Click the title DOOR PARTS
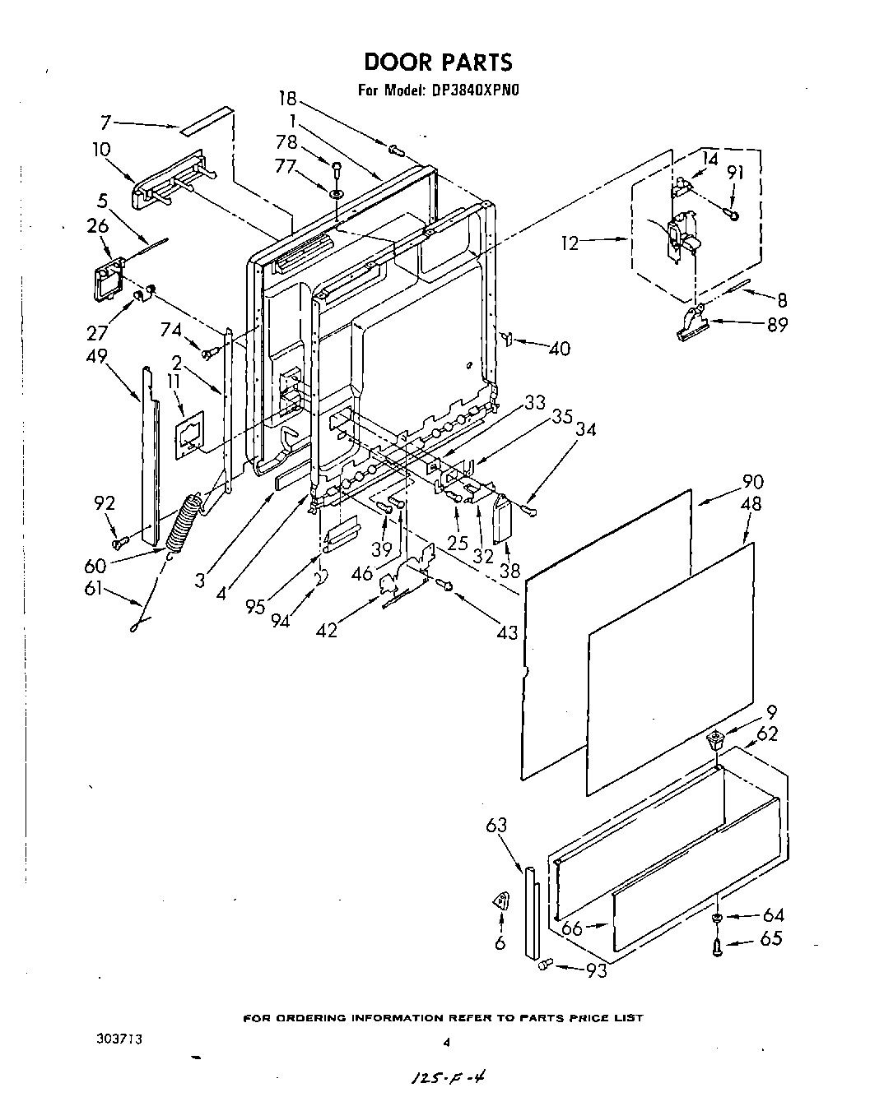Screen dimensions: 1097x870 pos(437,62)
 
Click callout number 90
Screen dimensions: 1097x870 pos(752,482)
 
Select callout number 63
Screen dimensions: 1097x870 pos(496,825)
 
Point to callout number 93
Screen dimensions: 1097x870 pos(597,971)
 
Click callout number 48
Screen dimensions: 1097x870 pos(751,504)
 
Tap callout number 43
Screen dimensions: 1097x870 pos(508,632)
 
